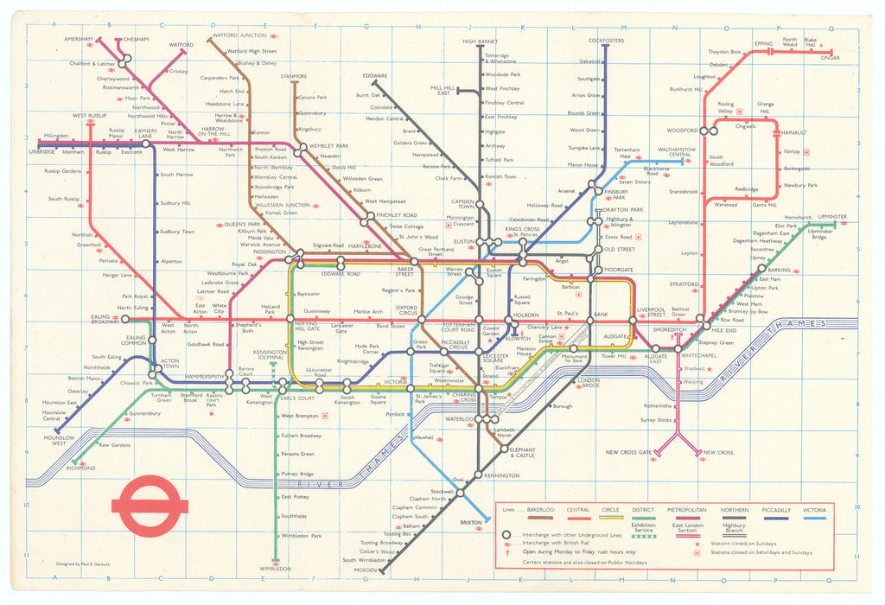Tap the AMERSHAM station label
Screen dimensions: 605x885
point(78,40)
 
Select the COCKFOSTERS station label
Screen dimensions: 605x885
point(606,41)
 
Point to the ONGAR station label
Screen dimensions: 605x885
point(830,58)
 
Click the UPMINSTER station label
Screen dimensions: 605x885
point(832,216)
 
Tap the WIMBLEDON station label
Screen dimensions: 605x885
point(276,569)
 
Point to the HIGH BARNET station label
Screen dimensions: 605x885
point(480,41)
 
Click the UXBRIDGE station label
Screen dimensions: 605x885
point(41,152)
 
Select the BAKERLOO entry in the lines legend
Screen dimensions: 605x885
point(541,511)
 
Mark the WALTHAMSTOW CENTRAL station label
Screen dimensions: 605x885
point(675,152)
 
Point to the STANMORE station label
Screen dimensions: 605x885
point(294,76)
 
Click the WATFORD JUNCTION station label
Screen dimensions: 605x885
point(239,35)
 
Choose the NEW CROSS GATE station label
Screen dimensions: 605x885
point(628,453)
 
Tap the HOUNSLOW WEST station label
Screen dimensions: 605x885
point(54,439)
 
